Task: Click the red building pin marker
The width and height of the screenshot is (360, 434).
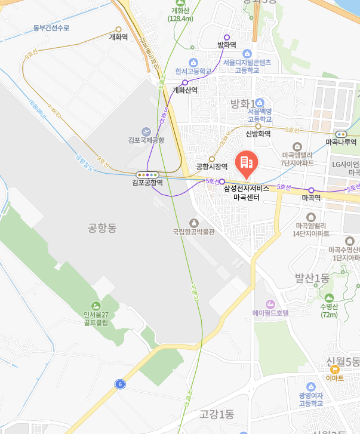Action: [x=246, y=162]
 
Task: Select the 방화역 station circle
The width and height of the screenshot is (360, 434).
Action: [x=226, y=37]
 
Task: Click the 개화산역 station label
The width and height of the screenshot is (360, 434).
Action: [x=185, y=90]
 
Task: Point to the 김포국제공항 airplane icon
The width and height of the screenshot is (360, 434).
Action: [x=146, y=131]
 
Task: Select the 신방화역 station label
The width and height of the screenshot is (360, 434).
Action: [x=258, y=134]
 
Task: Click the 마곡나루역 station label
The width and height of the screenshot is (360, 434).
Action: [x=341, y=142]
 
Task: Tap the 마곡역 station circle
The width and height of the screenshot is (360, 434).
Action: [x=311, y=190]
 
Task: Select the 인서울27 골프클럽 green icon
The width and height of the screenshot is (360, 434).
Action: [x=96, y=306]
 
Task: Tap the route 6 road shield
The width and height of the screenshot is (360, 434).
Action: [x=121, y=384]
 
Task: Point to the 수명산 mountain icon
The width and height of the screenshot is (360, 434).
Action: [x=329, y=298]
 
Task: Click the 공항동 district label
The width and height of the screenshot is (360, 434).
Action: [x=100, y=227]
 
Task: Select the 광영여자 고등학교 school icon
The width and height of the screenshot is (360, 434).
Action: [x=310, y=387]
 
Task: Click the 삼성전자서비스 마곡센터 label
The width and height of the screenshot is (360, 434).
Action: [x=247, y=192]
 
